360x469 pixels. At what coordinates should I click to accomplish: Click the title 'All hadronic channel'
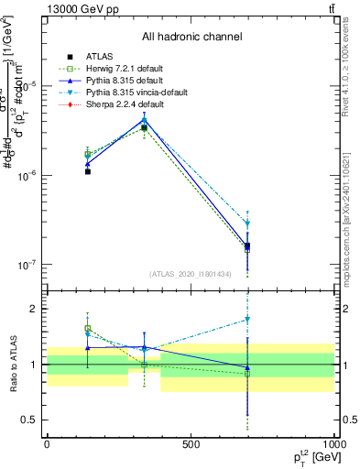191,37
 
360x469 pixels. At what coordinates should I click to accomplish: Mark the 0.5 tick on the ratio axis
32,420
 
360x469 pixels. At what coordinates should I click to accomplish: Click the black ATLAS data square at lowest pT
88,171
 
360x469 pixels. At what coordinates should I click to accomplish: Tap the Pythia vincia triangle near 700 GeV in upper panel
247,224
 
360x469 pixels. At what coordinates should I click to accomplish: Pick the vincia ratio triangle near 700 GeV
247,320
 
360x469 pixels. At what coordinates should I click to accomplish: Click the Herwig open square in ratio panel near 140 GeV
88,328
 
